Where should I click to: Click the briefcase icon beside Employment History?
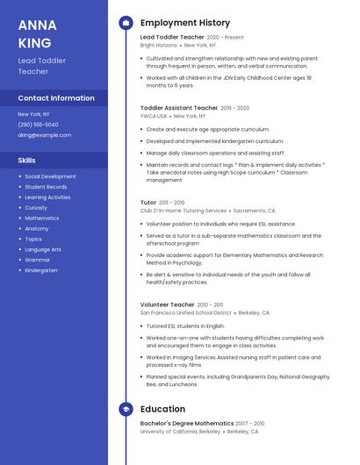(x=126, y=23)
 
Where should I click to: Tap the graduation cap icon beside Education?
(x=126, y=409)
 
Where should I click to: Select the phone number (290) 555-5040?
(x=38, y=125)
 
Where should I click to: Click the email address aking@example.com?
(x=45, y=135)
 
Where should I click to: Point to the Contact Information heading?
(x=56, y=98)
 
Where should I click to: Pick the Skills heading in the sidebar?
(x=27, y=161)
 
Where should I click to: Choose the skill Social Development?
(x=50, y=176)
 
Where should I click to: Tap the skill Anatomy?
(x=37, y=228)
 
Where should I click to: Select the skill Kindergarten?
(x=40, y=270)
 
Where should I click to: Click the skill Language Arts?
(x=43, y=249)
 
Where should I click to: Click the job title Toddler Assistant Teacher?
(x=179, y=108)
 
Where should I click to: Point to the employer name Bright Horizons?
(x=159, y=45)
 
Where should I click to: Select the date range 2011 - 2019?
(x=172, y=203)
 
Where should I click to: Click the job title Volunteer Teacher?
(x=167, y=304)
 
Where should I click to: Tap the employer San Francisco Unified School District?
(x=185, y=312)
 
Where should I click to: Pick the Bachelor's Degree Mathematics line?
(x=187, y=424)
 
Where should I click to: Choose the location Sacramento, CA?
(x=254, y=211)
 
